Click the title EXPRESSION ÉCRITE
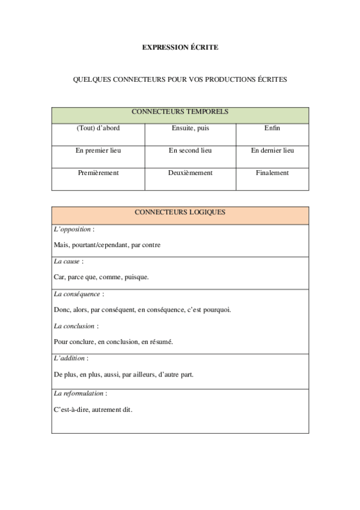(180, 47)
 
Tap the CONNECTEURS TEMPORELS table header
(180, 112)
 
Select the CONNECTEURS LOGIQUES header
(180, 212)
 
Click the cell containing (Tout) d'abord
(98, 128)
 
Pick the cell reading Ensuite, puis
(190, 128)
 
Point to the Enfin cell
(272, 128)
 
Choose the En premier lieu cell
(98, 150)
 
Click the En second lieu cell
(190, 150)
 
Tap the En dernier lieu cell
(272, 150)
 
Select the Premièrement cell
(98, 173)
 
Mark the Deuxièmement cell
(190, 173)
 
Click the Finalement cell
(272, 173)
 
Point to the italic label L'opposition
(73, 229)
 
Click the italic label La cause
(67, 262)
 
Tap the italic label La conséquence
(77, 294)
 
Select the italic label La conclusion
(75, 326)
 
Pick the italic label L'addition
(69, 358)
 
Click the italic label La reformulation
(79, 393)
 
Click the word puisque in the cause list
(136, 277)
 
